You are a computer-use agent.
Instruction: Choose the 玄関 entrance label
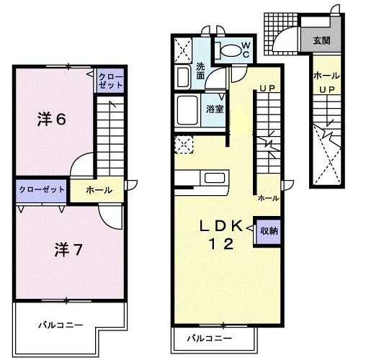pos(322,41)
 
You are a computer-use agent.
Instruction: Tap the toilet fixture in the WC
pos(229,50)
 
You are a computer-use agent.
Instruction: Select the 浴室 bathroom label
pos(213,109)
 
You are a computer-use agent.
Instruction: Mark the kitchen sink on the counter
pos(215,178)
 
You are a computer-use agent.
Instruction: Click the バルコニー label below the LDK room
pos(210,338)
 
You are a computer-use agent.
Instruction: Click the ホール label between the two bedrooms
pos(99,190)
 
